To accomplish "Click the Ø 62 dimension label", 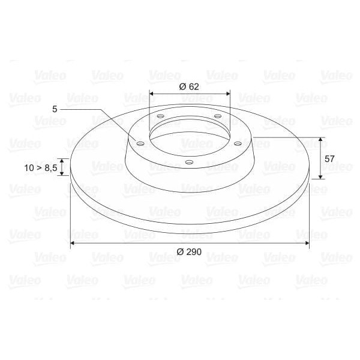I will click(189, 86).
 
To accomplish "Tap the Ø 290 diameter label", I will click(189, 252).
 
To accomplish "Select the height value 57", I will click(329, 158).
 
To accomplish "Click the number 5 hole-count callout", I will click(55, 109).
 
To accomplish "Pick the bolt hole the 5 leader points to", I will click(140, 144).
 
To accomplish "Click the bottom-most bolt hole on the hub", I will click(189, 163).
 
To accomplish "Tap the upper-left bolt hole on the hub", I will click(160, 116).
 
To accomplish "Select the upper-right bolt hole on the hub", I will click(217, 116).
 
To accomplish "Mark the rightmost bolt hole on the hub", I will click(238, 143).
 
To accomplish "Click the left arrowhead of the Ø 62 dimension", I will click(152, 94).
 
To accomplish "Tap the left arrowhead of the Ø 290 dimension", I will click(73, 243).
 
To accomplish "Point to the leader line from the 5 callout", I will click(99, 111).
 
